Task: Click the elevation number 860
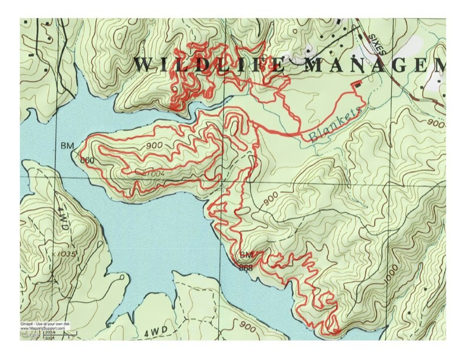[x=88, y=160]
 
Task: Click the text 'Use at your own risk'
[x=52, y=324]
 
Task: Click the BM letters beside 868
[x=246, y=255]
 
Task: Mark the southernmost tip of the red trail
[x=334, y=334]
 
